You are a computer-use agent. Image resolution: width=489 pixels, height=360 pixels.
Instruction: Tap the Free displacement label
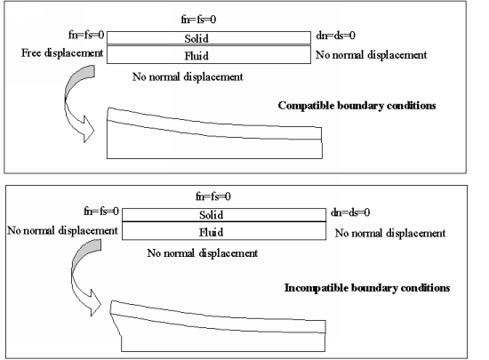[x=60, y=54]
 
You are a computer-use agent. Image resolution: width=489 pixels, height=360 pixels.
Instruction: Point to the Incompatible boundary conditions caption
[x=366, y=288]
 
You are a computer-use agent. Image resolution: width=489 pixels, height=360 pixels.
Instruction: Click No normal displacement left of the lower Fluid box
[x=61, y=232]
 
